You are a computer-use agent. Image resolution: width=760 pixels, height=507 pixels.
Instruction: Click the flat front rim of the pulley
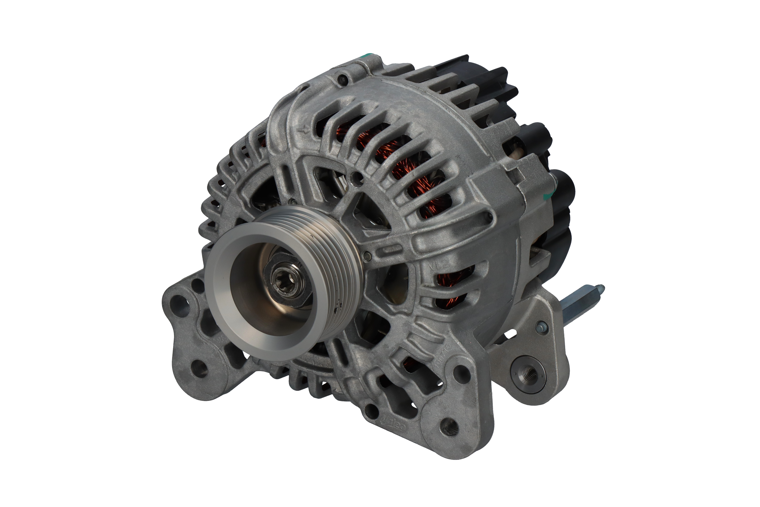coord(223,310)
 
